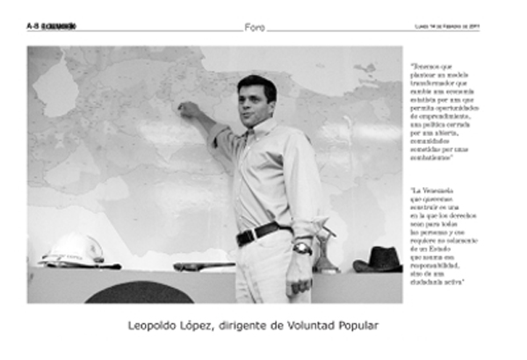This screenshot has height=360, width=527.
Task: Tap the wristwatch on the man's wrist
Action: click(302, 248)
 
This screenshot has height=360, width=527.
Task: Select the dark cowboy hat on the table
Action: click(378, 258)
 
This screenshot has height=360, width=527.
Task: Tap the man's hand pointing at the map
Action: click(188, 109)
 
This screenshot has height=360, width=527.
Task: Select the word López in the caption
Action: click(209, 327)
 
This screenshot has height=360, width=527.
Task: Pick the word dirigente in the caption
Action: click(263, 327)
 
